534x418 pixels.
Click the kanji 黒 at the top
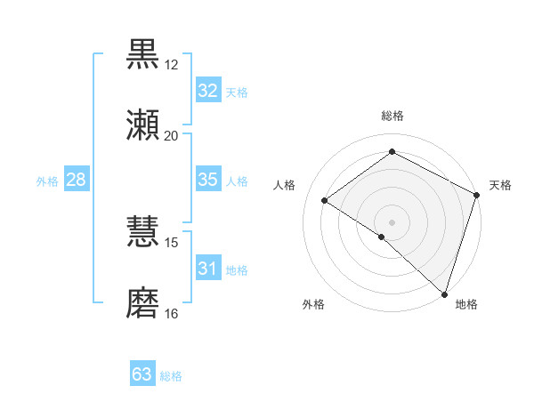[143, 53]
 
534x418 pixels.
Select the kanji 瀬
[143, 125]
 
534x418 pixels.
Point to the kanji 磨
[143, 302]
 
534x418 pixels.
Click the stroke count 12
[172, 64]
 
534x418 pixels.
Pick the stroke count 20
[172, 135]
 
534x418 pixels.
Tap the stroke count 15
[172, 242]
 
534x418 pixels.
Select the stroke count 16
[172, 313]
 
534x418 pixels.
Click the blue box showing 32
[207, 91]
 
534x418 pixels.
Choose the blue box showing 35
[207, 180]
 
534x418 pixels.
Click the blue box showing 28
[76, 180]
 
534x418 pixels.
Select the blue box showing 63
[142, 374]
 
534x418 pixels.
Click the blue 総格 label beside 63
[171, 376]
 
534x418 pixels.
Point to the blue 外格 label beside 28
[47, 181]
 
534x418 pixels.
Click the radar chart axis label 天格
[500, 185]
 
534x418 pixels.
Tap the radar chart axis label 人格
[284, 185]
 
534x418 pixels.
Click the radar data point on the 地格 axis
[444, 293]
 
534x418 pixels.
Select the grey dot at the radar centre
[392, 221]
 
